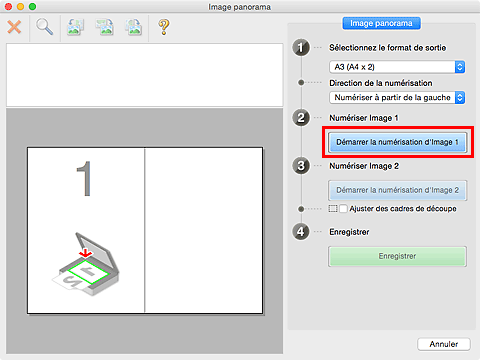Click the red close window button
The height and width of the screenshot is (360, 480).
coord(8,6)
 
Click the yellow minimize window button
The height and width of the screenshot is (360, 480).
coord(20,6)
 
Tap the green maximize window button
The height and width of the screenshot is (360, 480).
coord(32,6)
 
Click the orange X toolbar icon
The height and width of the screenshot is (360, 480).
coord(14,27)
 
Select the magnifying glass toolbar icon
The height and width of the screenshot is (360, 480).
coord(44,27)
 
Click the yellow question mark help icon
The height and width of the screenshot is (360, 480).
coord(164,27)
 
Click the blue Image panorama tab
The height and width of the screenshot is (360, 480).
coord(381,23)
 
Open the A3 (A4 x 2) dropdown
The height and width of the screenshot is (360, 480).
coord(397,67)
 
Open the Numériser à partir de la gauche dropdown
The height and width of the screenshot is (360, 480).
coord(397,98)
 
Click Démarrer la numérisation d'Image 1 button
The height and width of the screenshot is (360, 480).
coord(397,142)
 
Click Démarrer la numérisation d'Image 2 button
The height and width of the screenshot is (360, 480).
coord(397,190)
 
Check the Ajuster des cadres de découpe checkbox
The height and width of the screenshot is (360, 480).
coord(343,209)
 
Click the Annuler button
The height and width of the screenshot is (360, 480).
coord(444,344)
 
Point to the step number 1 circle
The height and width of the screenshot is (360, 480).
coord(301,48)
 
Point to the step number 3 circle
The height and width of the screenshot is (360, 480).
coord(301,166)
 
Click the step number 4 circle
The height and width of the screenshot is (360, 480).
coord(301,232)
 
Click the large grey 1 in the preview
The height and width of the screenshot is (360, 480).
coord(85,179)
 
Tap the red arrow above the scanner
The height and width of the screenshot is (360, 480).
coord(86,253)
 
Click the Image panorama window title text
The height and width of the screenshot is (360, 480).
coord(240,7)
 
